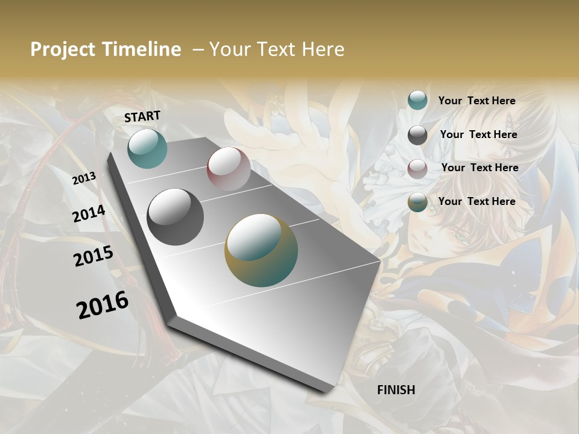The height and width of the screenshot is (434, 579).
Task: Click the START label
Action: click(x=142, y=116)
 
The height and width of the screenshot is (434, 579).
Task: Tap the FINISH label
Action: click(x=396, y=390)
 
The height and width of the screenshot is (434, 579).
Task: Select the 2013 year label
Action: click(x=84, y=178)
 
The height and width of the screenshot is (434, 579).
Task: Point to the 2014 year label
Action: click(x=89, y=214)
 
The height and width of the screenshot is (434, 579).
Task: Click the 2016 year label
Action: click(x=103, y=305)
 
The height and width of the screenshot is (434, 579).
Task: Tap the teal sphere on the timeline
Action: click(x=147, y=148)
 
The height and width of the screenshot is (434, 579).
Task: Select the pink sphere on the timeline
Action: click(x=229, y=168)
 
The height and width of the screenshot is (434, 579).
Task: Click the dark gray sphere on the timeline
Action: click(x=175, y=216)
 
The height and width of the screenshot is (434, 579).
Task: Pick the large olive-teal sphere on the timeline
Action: click(x=261, y=250)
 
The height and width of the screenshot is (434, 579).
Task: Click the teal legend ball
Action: click(x=417, y=100)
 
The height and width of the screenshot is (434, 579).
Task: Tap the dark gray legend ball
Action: click(x=417, y=135)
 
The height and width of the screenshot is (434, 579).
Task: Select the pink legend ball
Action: click(x=417, y=169)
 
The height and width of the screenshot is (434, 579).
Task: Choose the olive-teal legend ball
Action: click(x=417, y=203)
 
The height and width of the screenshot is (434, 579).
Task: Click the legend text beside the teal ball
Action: click(x=476, y=101)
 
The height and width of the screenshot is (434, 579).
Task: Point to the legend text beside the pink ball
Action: click(x=479, y=168)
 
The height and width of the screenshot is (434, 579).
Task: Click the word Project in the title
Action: click(x=63, y=49)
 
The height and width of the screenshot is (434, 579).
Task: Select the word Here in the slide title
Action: click(x=322, y=49)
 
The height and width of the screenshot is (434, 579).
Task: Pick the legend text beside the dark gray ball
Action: click(x=478, y=134)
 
